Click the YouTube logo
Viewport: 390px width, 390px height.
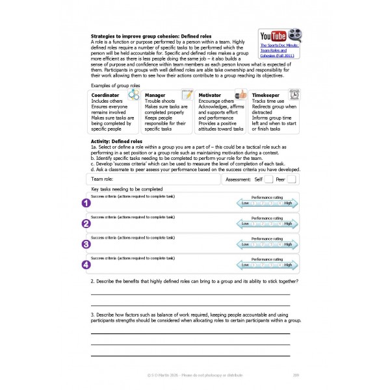pyautogui.click(x=272, y=36)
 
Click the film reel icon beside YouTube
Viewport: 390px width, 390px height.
pyautogui.click(x=294, y=35)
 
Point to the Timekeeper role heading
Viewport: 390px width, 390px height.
pyautogui.click(x=266, y=95)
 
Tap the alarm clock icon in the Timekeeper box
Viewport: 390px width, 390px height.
pyautogui.click(x=294, y=94)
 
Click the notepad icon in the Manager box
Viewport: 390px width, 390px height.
pyautogui.click(x=188, y=95)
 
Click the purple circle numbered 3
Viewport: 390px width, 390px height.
pyautogui.click(x=86, y=244)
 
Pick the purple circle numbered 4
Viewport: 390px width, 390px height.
pyautogui.click(x=86, y=265)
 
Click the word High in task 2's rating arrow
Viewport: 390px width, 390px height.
pyautogui.click(x=288, y=224)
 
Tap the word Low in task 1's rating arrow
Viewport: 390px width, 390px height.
pyautogui.click(x=246, y=203)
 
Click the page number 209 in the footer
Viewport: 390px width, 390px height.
pyautogui.click(x=296, y=375)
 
